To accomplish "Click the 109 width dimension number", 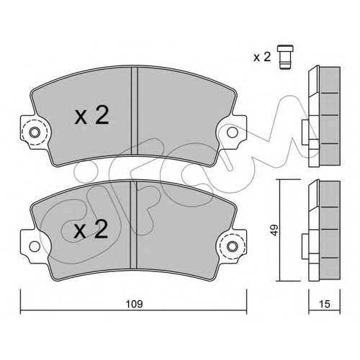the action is [x=135, y=304].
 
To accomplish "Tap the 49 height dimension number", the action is [x=274, y=230].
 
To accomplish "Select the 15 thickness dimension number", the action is [x=325, y=304].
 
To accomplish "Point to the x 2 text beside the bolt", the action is [x=262, y=57].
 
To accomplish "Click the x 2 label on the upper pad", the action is [x=91, y=115].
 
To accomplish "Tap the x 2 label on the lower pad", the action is [x=91, y=230].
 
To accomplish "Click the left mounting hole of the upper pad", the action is [x=35, y=132].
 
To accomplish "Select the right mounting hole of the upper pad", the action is [x=233, y=132].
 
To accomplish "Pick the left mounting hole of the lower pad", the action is [x=35, y=246].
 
